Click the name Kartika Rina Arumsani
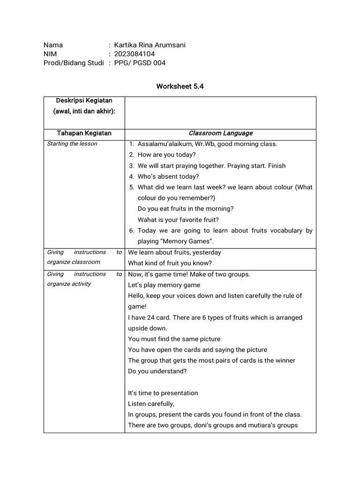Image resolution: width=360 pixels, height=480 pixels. pyautogui.click(x=150, y=45)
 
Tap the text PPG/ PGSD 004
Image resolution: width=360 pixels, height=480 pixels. pyautogui.click(x=140, y=63)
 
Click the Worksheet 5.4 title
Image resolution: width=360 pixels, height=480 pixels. pyautogui.click(x=180, y=86)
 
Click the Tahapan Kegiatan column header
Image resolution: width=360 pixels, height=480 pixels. pyautogui.click(x=84, y=133)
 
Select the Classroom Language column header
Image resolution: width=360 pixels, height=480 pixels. pyautogui.click(x=220, y=133)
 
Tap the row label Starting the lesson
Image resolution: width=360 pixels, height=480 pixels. pyautogui.click(x=72, y=143)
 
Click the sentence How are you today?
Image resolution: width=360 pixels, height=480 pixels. pyautogui.click(x=166, y=155)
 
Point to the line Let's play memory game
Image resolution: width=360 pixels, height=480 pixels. pyautogui.click(x=164, y=285)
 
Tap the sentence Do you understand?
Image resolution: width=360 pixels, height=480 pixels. pyautogui.click(x=157, y=371)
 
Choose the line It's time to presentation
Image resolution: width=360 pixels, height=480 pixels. pyautogui.click(x=163, y=393)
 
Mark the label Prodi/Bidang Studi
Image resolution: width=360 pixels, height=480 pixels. pyautogui.click(x=74, y=63)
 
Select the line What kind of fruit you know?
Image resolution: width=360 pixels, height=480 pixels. pyautogui.click(x=170, y=263)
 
